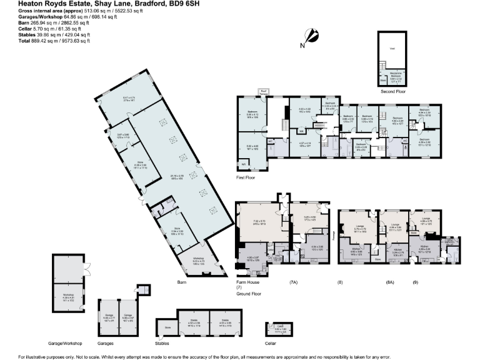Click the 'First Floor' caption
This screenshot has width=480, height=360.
[246, 177]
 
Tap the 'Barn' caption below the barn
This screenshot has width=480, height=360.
[182, 282]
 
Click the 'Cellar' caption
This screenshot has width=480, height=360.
[271, 344]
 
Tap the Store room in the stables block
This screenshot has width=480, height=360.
[167, 327]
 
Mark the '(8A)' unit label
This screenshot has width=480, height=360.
[390, 282]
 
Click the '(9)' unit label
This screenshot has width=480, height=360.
[415, 282]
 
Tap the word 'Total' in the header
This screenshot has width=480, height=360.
[8, 41]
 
